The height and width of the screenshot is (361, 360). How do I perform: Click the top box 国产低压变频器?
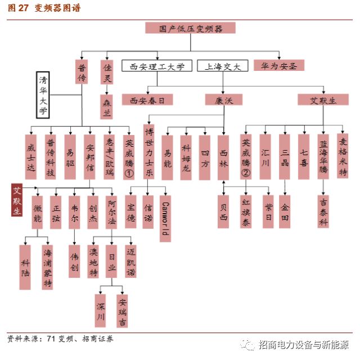click(190, 28)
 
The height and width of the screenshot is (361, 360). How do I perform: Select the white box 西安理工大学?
click(157, 66)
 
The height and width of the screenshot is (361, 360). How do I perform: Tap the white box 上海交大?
click(222, 66)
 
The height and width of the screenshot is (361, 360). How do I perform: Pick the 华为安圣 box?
click(279, 65)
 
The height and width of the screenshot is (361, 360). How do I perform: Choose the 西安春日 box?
click(147, 100)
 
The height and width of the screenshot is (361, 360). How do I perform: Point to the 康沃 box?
click(223, 100)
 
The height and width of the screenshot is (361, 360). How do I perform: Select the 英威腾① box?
click(129, 157)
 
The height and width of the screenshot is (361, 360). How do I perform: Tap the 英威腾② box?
click(246, 157)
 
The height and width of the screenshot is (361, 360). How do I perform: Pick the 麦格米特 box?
click(342, 155)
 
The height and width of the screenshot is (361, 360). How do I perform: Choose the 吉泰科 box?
click(323, 211)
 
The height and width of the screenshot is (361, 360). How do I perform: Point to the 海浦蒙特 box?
click(48, 267)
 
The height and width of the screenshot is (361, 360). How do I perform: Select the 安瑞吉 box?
click(122, 310)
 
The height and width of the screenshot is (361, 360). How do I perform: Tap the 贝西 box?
click(224, 211)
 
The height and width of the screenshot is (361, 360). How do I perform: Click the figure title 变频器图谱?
click(57, 8)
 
